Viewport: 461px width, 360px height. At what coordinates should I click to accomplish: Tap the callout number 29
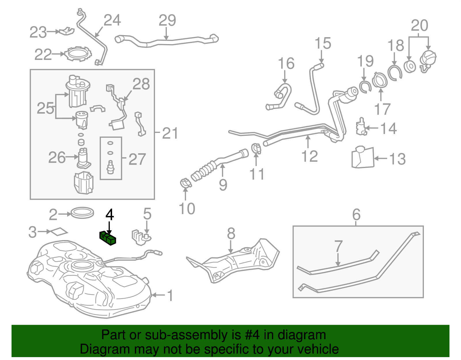click(167, 20)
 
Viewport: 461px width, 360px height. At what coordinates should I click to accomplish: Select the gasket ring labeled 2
click(82, 213)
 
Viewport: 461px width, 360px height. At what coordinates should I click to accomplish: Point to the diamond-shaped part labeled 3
click(59, 232)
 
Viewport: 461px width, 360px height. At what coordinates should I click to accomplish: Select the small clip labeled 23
click(67, 31)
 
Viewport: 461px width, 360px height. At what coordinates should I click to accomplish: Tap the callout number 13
click(397, 159)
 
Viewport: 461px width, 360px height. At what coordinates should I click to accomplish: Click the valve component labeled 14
click(360, 127)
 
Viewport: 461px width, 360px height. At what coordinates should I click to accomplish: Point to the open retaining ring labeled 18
click(394, 73)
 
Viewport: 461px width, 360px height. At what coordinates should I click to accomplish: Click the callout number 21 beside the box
click(170, 133)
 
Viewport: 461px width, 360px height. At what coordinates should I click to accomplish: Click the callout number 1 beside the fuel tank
click(170, 295)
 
